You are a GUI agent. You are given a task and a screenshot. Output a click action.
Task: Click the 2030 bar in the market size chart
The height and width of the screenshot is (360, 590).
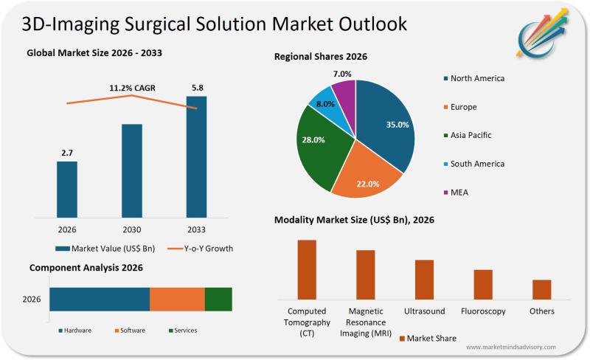(x=132, y=170)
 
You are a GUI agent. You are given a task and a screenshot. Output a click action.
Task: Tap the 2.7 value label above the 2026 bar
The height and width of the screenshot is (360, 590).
(x=66, y=153)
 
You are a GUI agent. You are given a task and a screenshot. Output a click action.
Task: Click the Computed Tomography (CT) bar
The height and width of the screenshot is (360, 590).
(x=307, y=269)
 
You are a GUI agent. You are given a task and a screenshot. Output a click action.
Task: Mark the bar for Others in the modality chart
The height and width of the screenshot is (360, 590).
(x=542, y=289)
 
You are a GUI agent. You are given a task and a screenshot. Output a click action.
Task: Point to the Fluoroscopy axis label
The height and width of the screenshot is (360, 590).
(x=483, y=311)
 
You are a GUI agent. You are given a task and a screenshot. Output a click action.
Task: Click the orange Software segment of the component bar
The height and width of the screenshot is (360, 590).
(x=177, y=300)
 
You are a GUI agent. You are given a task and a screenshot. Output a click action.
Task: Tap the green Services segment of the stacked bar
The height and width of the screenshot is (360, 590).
(x=218, y=300)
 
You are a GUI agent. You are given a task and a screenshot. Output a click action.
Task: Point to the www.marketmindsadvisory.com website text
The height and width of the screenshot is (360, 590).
(x=510, y=347)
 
